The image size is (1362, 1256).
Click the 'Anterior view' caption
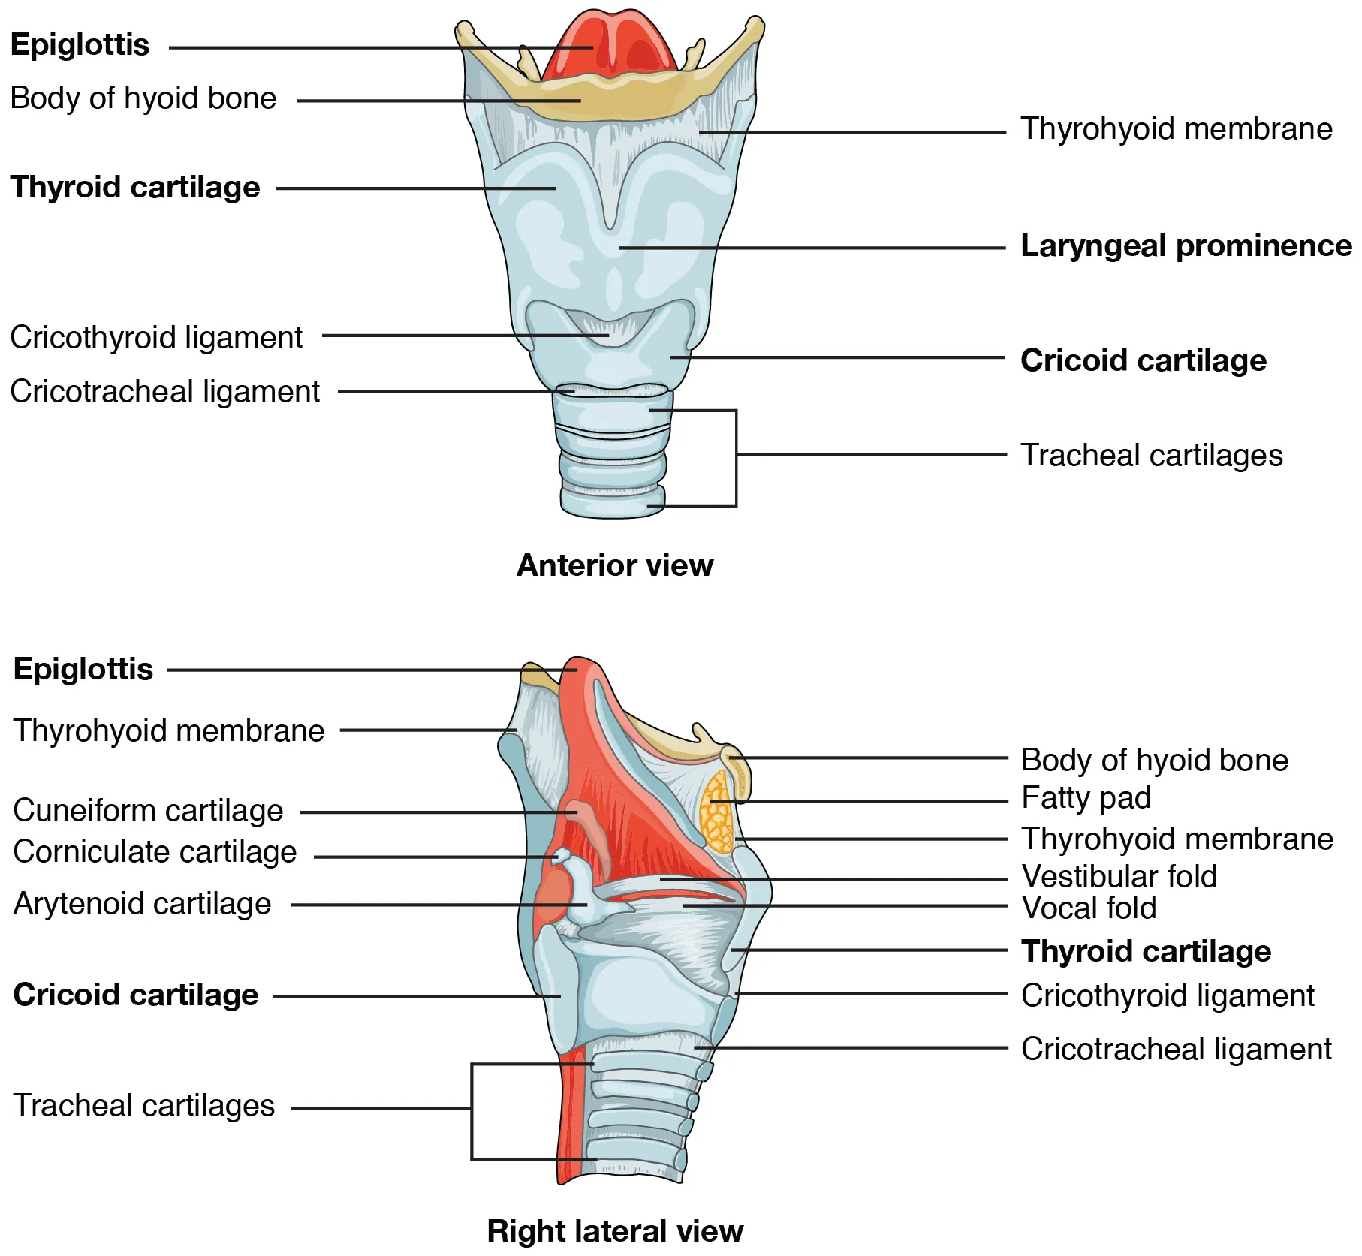pos(614,565)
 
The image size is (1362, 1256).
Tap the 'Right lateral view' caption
pos(614,1231)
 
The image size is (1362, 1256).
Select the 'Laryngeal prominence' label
pos(1186,246)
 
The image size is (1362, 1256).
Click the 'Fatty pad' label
pos(1086,797)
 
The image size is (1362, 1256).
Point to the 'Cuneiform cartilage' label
pos(148,811)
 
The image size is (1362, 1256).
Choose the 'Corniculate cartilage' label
pos(155,852)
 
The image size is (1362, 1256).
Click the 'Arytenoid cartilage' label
pos(142,904)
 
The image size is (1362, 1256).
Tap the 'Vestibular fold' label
pos(1119,876)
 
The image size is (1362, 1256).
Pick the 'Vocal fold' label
pos(1089,908)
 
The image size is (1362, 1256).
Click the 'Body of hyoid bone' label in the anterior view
pos(143,98)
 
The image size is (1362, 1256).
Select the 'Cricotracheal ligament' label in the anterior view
pos(164,392)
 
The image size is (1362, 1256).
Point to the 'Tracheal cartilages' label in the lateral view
pos(144,1106)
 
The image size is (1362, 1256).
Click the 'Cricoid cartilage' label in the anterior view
pos(1143,360)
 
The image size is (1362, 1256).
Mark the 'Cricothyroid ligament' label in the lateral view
pos(1168,996)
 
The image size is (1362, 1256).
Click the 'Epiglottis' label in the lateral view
pos(83,669)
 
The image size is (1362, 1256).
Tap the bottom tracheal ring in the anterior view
pos(612,506)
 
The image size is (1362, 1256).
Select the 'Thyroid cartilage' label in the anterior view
pos(135,187)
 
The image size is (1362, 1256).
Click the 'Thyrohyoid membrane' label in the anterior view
pos(1176,129)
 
